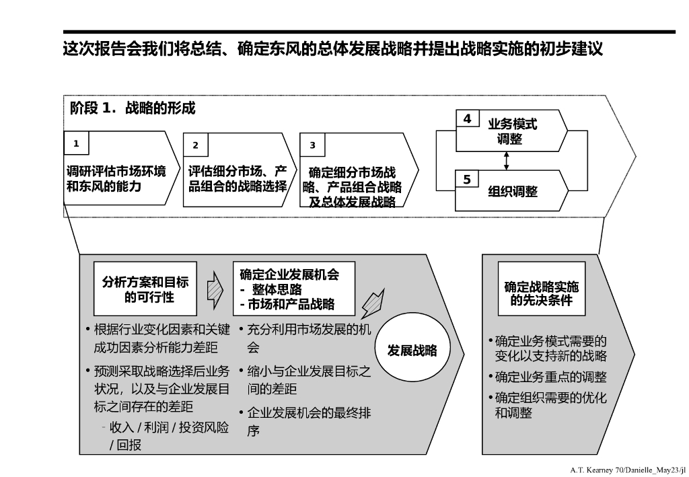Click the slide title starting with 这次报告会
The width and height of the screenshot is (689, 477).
point(332,50)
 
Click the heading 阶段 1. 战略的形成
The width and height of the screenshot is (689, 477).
point(133,108)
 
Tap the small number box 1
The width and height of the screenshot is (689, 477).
point(76,143)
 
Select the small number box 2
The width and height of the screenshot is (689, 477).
point(195,145)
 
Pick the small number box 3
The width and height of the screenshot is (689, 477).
point(312,145)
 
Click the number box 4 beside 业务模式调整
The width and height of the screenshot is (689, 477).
point(467,119)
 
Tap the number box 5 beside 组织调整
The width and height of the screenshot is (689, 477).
point(467,179)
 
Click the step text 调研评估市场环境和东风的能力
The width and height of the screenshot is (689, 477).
point(116,178)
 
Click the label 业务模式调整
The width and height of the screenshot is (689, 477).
point(513,132)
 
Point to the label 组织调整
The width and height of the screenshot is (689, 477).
point(513,191)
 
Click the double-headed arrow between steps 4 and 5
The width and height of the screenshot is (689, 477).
point(507,160)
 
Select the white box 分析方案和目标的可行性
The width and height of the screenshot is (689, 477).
point(145,289)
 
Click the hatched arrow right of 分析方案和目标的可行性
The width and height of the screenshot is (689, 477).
point(215,288)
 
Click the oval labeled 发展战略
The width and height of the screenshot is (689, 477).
point(412,351)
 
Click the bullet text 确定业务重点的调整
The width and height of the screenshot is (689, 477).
point(550,377)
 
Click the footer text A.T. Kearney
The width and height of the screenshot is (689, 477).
point(626,469)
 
